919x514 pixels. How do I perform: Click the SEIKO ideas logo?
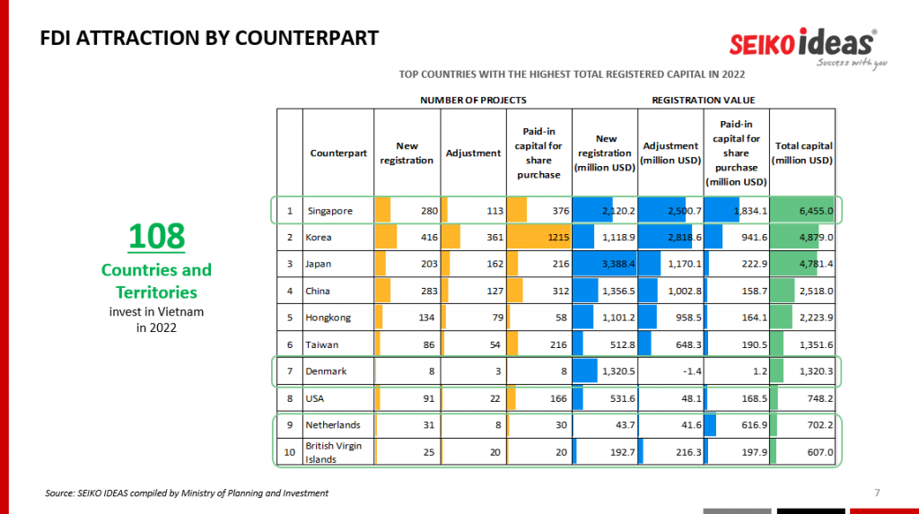pyautogui.click(x=802, y=44)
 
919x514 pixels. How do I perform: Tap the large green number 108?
pyautogui.click(x=156, y=235)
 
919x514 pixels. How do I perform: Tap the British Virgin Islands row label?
pyautogui.click(x=333, y=452)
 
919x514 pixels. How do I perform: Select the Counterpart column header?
pyautogui.click(x=338, y=152)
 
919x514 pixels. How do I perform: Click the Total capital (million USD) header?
pyautogui.click(x=803, y=152)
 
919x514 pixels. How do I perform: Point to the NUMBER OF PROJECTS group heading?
pyautogui.click(x=473, y=100)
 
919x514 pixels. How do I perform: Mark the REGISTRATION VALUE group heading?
pyautogui.click(x=704, y=100)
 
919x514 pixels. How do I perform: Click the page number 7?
pyautogui.click(x=877, y=492)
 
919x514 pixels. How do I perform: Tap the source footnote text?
pyautogui.click(x=187, y=493)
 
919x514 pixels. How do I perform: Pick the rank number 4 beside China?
pyautogui.click(x=290, y=291)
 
